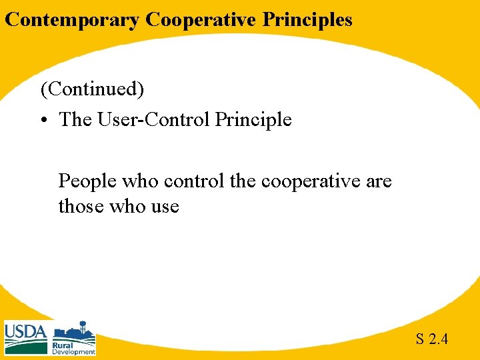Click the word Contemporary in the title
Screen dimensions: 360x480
[73, 20]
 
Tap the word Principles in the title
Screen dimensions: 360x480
[307, 20]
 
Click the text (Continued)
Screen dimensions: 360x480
[92, 88]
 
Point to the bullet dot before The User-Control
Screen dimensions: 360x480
[45, 121]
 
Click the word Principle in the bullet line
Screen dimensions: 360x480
[253, 120]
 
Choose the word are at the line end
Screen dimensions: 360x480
[378, 181]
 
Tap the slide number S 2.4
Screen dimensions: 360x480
[432, 339]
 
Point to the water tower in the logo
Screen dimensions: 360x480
[84, 327]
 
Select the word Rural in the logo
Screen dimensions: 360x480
[63, 345]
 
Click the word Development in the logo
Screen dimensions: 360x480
[74, 352]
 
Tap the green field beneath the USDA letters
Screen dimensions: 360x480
[25, 347]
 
